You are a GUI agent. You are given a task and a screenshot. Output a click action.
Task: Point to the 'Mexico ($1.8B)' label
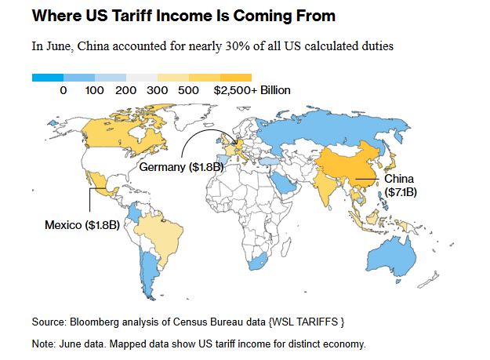click(82, 225)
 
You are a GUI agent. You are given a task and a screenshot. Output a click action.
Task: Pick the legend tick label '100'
click(95, 91)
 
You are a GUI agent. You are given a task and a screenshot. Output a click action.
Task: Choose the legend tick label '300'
click(158, 91)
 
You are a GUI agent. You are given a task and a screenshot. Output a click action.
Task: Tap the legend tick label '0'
click(63, 91)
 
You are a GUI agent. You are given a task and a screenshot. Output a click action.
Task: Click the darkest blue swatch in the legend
click(47, 78)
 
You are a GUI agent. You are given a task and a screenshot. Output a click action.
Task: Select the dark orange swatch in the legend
click(236, 78)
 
